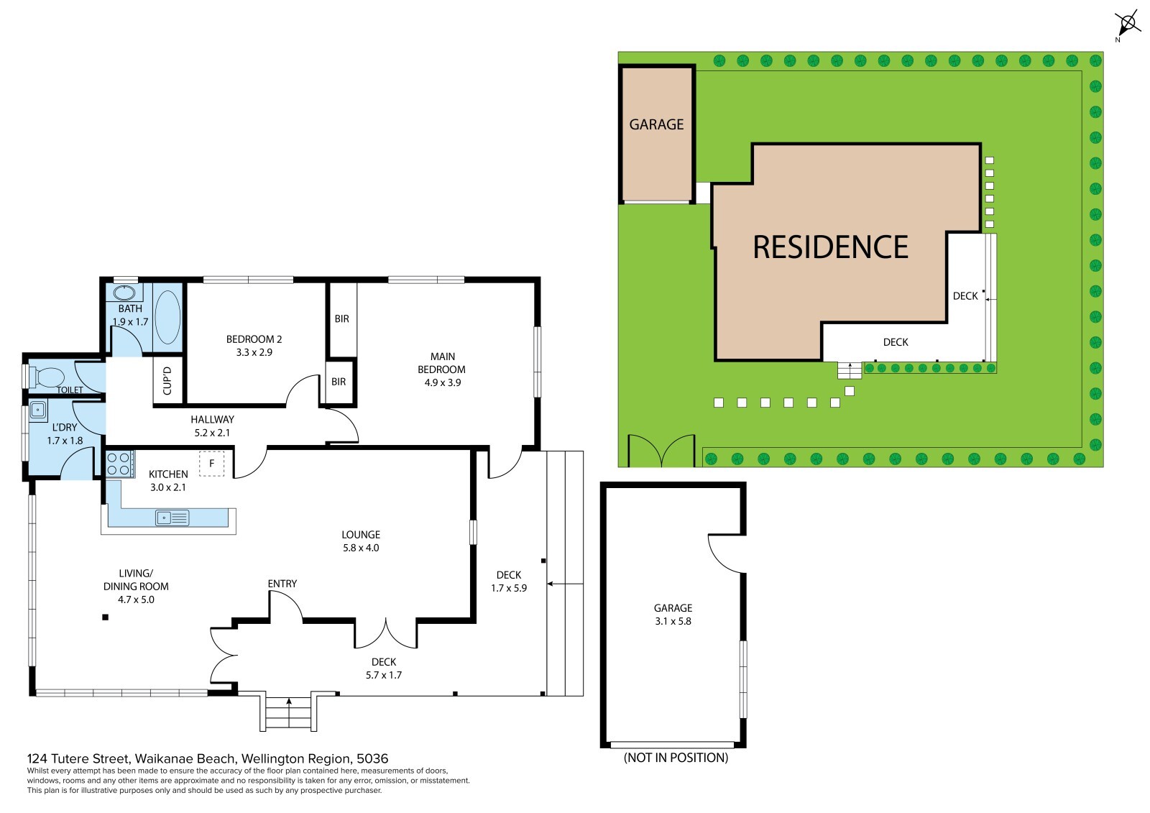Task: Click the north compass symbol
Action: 1128,24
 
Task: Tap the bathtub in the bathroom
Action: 167,317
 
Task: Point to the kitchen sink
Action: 172,518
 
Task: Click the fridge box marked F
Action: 211,463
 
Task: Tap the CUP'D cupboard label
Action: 167,380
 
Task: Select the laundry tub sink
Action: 37,410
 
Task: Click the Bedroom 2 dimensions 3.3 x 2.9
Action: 254,352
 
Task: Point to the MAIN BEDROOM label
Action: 441,362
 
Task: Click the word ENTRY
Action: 282,584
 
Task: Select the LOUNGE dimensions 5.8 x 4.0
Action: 361,548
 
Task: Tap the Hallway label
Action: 212,419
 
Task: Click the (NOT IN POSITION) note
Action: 676,758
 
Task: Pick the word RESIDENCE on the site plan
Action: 830,247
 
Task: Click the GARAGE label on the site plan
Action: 656,124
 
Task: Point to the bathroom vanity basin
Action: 124,293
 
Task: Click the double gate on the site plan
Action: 661,451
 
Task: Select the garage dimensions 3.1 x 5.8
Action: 673,622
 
